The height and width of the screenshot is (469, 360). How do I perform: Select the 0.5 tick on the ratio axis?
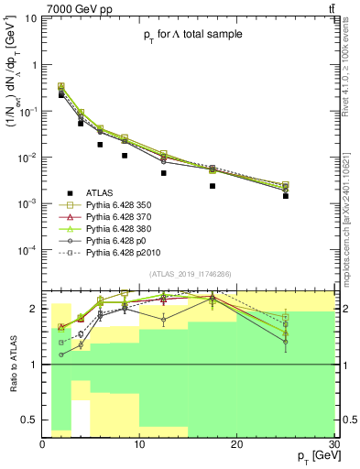(34, 420)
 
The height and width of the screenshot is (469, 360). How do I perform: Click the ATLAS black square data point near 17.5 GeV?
(213, 186)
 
